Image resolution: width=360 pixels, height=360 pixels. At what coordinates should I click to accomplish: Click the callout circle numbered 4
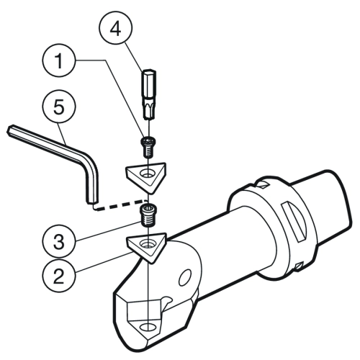pyautogui.click(x=116, y=27)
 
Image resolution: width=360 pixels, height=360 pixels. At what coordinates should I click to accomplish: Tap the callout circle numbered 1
pyautogui.click(x=60, y=60)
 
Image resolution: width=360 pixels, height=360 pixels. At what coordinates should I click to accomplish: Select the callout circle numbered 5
pyautogui.click(x=59, y=107)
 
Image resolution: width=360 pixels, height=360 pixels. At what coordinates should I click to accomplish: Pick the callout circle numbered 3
pyautogui.click(x=59, y=241)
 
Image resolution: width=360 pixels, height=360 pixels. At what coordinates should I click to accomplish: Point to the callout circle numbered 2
pyautogui.click(x=59, y=276)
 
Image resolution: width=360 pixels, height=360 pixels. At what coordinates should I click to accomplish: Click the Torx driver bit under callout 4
pyautogui.click(x=149, y=94)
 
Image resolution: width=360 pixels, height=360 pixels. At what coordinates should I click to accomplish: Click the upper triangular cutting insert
pyautogui.click(x=146, y=176)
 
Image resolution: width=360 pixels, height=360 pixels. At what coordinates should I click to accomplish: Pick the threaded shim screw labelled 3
pyautogui.click(x=148, y=215)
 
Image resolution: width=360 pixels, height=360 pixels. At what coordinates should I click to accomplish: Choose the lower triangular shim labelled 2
pyautogui.click(x=146, y=246)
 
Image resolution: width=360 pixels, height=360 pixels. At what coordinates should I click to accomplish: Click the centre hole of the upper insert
pyautogui.click(x=148, y=174)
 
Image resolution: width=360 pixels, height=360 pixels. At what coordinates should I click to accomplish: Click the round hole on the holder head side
pyautogui.click(x=185, y=277)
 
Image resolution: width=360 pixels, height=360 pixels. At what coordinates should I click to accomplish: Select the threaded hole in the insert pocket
pyautogui.click(x=148, y=327)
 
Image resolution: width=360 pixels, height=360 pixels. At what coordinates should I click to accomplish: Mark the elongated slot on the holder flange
pyautogui.click(x=294, y=221)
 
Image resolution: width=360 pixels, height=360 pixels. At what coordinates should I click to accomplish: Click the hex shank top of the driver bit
pyautogui.click(x=149, y=81)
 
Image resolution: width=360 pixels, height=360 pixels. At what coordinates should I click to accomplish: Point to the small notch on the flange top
pyautogui.click(x=262, y=185)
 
